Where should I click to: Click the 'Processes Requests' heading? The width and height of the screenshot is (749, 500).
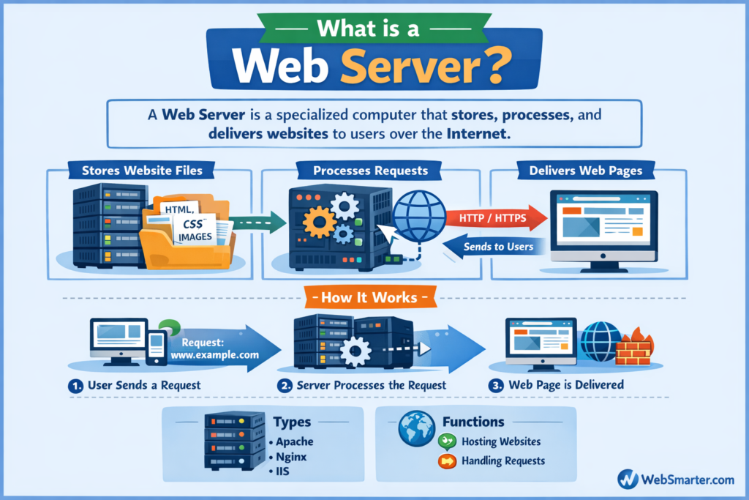pyautogui.click(x=371, y=171)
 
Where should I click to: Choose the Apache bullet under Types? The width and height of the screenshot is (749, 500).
pyautogui.click(x=294, y=441)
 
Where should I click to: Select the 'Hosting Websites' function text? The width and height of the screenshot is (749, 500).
pyautogui.click(x=501, y=441)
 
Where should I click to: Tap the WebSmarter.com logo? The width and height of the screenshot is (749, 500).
pyautogui.click(x=675, y=480)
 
